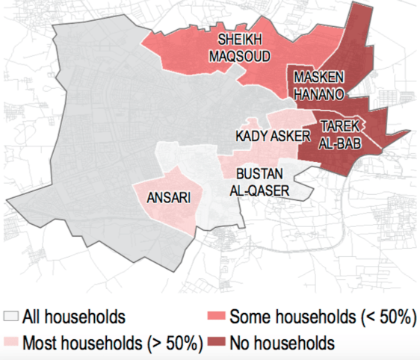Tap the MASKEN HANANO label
tap(318, 86)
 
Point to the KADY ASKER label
tap(272, 136)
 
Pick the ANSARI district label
tap(169, 198)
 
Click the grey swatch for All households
tap(11, 317)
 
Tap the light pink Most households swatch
tap(11, 344)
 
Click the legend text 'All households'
tap(74, 317)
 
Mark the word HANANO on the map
tap(318, 95)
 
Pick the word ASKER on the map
tap(290, 136)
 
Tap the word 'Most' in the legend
tap(40, 344)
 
